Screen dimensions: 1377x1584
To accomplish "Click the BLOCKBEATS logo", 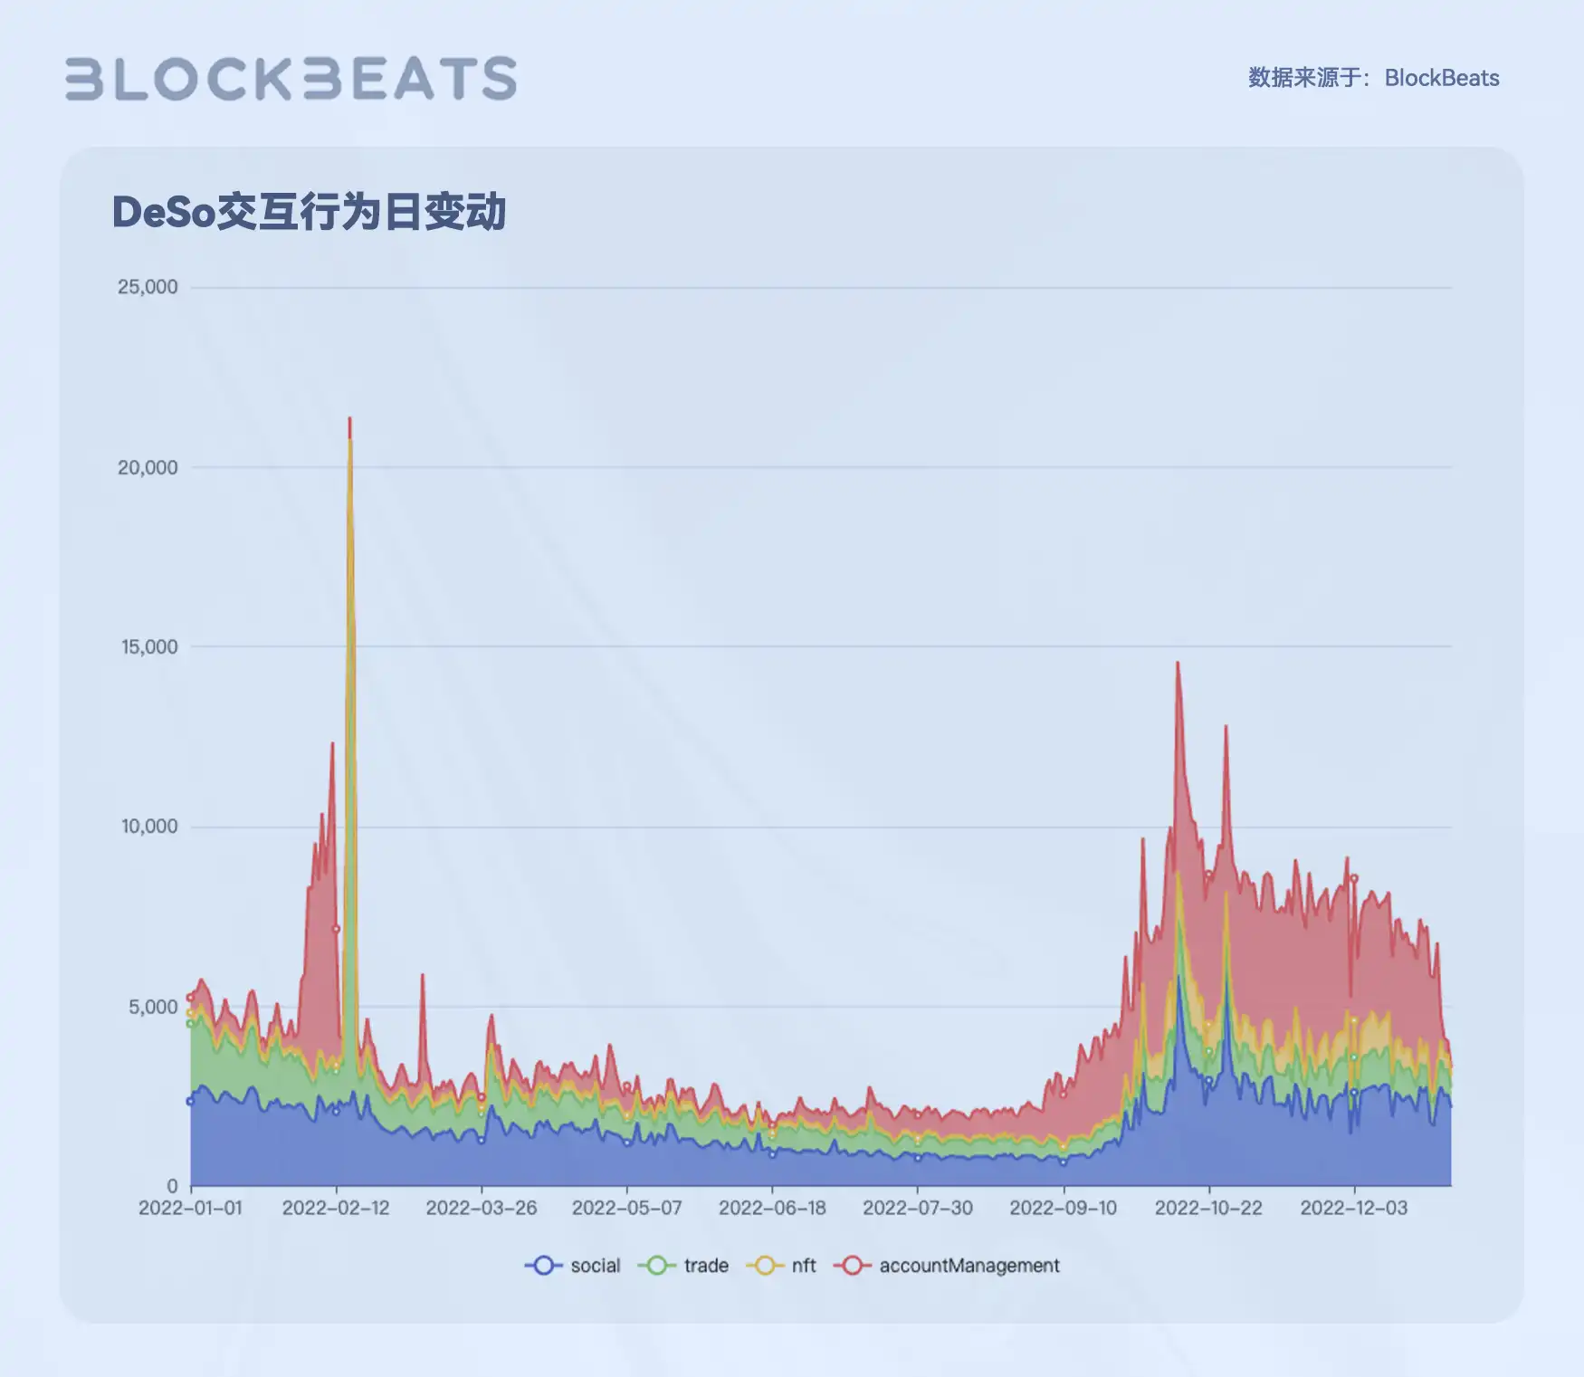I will pos(291,79).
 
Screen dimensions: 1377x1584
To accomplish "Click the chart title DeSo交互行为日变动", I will pos(308,212).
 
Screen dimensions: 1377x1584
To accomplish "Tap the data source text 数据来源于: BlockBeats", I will pos(1372,78).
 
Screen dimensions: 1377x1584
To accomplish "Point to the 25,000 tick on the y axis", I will pos(148,287).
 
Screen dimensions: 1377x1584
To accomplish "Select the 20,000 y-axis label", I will pos(148,467).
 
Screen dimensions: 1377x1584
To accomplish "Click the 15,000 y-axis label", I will pos(149,646).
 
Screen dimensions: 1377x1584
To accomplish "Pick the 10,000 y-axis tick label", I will pos(149,826).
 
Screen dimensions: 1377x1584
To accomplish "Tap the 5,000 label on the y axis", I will pos(153,1007).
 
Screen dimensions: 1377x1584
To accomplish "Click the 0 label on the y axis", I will pos(172,1186).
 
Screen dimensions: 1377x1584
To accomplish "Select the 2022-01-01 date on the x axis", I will pos(190,1208).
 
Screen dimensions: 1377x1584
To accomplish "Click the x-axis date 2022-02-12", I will pos(336,1208).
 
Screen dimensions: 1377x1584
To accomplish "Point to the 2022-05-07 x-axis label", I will pos(626,1208).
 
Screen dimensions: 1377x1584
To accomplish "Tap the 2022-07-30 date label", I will pos(917,1208).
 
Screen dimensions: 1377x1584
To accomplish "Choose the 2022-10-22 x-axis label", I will pos(1207,1208).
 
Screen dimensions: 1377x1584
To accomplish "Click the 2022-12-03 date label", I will pos(1353,1208).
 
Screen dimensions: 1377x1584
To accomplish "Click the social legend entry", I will pos(573,1266).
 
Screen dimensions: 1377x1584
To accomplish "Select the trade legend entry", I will pos(684,1266).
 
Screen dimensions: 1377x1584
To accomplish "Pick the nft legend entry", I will pos(782,1266).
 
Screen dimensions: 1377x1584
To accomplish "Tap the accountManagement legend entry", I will pos(947,1266).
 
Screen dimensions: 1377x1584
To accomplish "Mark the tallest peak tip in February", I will pos(349,418).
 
